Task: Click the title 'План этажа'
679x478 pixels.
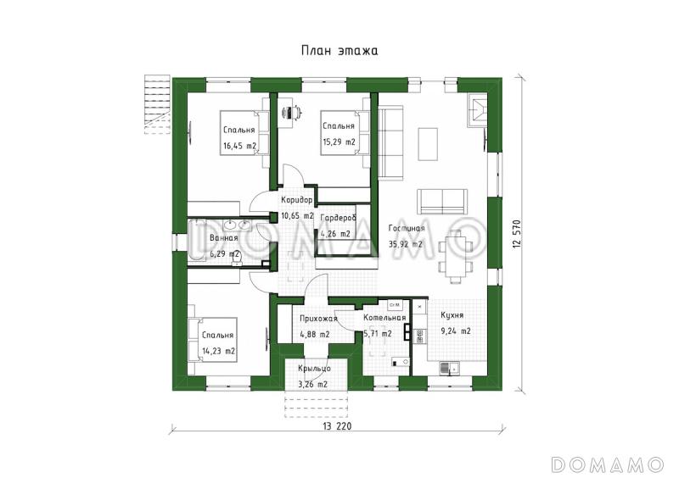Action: pos(339,51)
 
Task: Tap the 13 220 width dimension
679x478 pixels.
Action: pos(337,426)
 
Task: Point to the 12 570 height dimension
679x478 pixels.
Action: pos(516,234)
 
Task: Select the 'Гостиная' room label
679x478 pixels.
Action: pos(407,228)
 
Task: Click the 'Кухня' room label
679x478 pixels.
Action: pos(452,315)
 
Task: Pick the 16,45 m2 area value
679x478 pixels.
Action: pos(240,146)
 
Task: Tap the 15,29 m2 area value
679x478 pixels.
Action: pos(339,142)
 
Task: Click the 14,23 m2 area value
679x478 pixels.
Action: pos(219,351)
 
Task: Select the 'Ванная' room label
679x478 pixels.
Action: pos(224,238)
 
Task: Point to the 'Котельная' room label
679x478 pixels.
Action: pos(384,318)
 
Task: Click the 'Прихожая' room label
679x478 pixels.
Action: pos(318,320)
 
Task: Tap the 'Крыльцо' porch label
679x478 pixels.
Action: pos(314,369)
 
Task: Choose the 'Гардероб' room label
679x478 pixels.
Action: pos(338,219)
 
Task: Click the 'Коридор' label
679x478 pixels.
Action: pos(296,200)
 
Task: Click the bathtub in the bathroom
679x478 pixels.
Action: pos(198,241)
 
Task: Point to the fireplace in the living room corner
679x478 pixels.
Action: pos(477,110)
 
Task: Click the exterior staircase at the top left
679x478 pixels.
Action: pos(156,104)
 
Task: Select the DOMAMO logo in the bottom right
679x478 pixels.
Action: pos(608,464)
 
